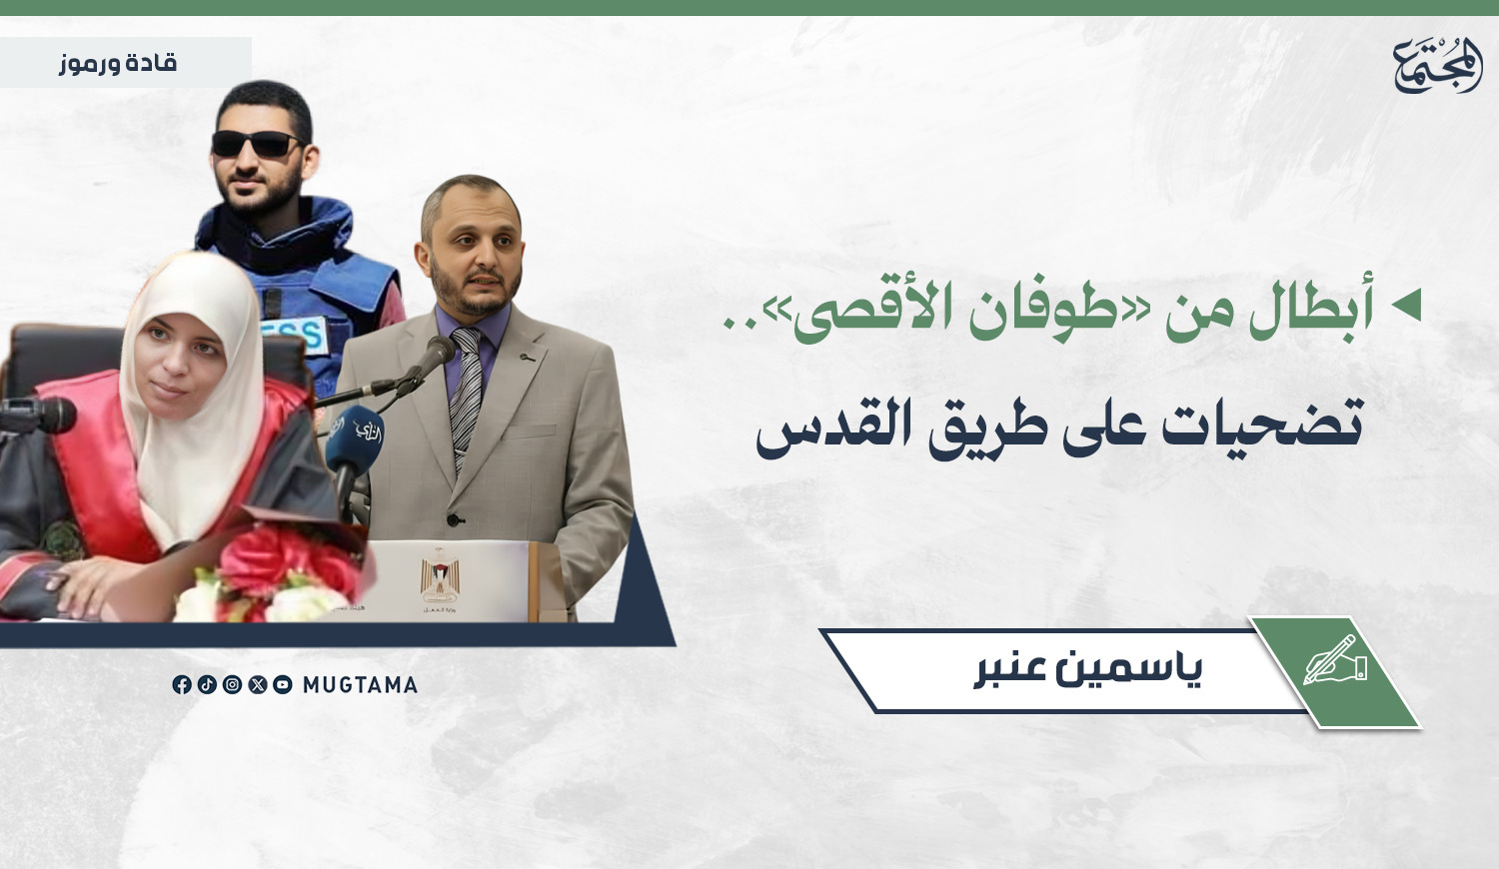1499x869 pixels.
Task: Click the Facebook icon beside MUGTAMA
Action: [x=181, y=684]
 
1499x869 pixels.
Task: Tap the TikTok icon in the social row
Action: [x=207, y=684]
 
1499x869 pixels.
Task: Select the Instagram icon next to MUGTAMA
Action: [x=232, y=684]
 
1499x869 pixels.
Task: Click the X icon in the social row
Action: [x=258, y=684]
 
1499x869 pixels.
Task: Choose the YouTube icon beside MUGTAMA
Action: [x=283, y=684]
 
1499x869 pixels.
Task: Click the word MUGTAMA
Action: [x=360, y=685]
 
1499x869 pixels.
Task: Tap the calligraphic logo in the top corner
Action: [x=1438, y=65]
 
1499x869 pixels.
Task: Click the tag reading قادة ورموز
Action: [x=118, y=64]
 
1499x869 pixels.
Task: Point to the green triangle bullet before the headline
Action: [x=1406, y=305]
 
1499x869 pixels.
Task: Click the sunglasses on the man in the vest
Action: [x=257, y=143]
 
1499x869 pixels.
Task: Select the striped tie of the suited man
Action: [x=467, y=396]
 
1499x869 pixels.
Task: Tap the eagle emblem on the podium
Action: [x=440, y=576]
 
